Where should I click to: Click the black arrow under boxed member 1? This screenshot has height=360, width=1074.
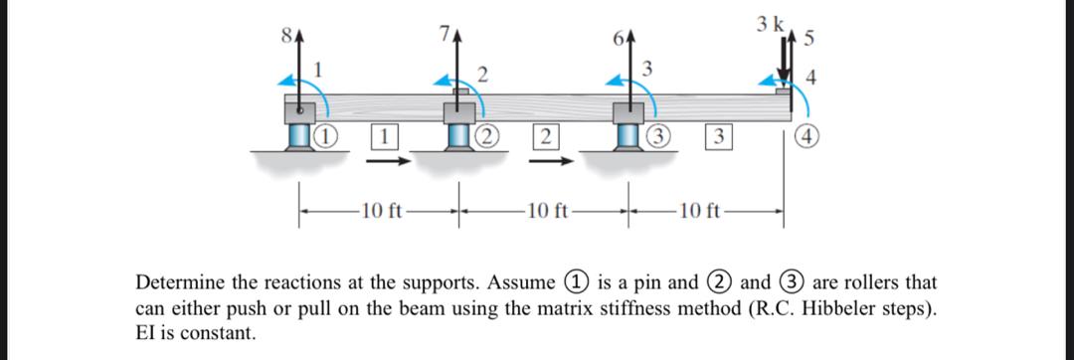click(x=393, y=158)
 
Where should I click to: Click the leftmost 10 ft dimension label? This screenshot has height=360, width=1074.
click(x=381, y=210)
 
